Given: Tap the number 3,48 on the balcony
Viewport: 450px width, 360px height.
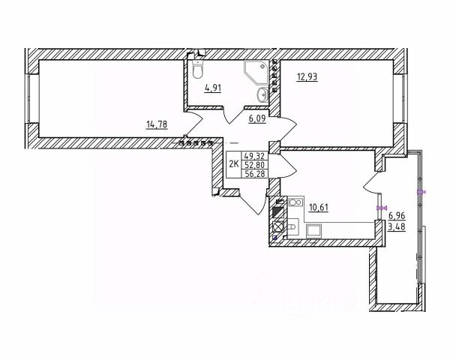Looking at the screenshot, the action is [397, 228].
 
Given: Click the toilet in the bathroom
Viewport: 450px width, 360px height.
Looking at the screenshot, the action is [197, 70].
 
